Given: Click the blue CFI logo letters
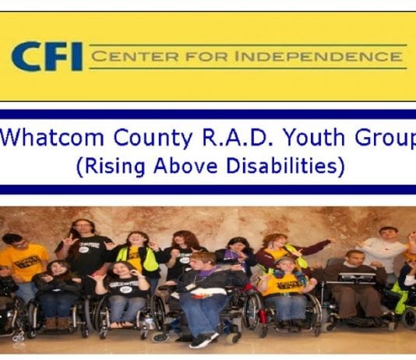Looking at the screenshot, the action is tap(47, 56).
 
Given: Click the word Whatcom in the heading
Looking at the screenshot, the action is tap(52, 137).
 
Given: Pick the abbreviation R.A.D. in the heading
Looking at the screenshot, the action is tap(238, 137).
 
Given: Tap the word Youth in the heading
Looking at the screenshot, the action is tap(314, 137).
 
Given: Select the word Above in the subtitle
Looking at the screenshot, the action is tap(185, 165).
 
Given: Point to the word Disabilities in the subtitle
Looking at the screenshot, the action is tap(281, 165).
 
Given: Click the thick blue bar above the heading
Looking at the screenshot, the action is tap(208, 115).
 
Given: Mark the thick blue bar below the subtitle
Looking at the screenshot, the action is tap(208, 189).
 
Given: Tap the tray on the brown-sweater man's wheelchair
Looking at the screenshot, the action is tap(357, 277).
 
